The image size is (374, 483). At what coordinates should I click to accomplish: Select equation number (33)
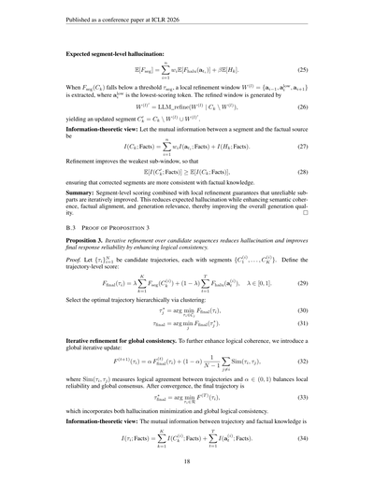314,396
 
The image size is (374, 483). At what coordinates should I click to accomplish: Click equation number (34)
314,435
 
